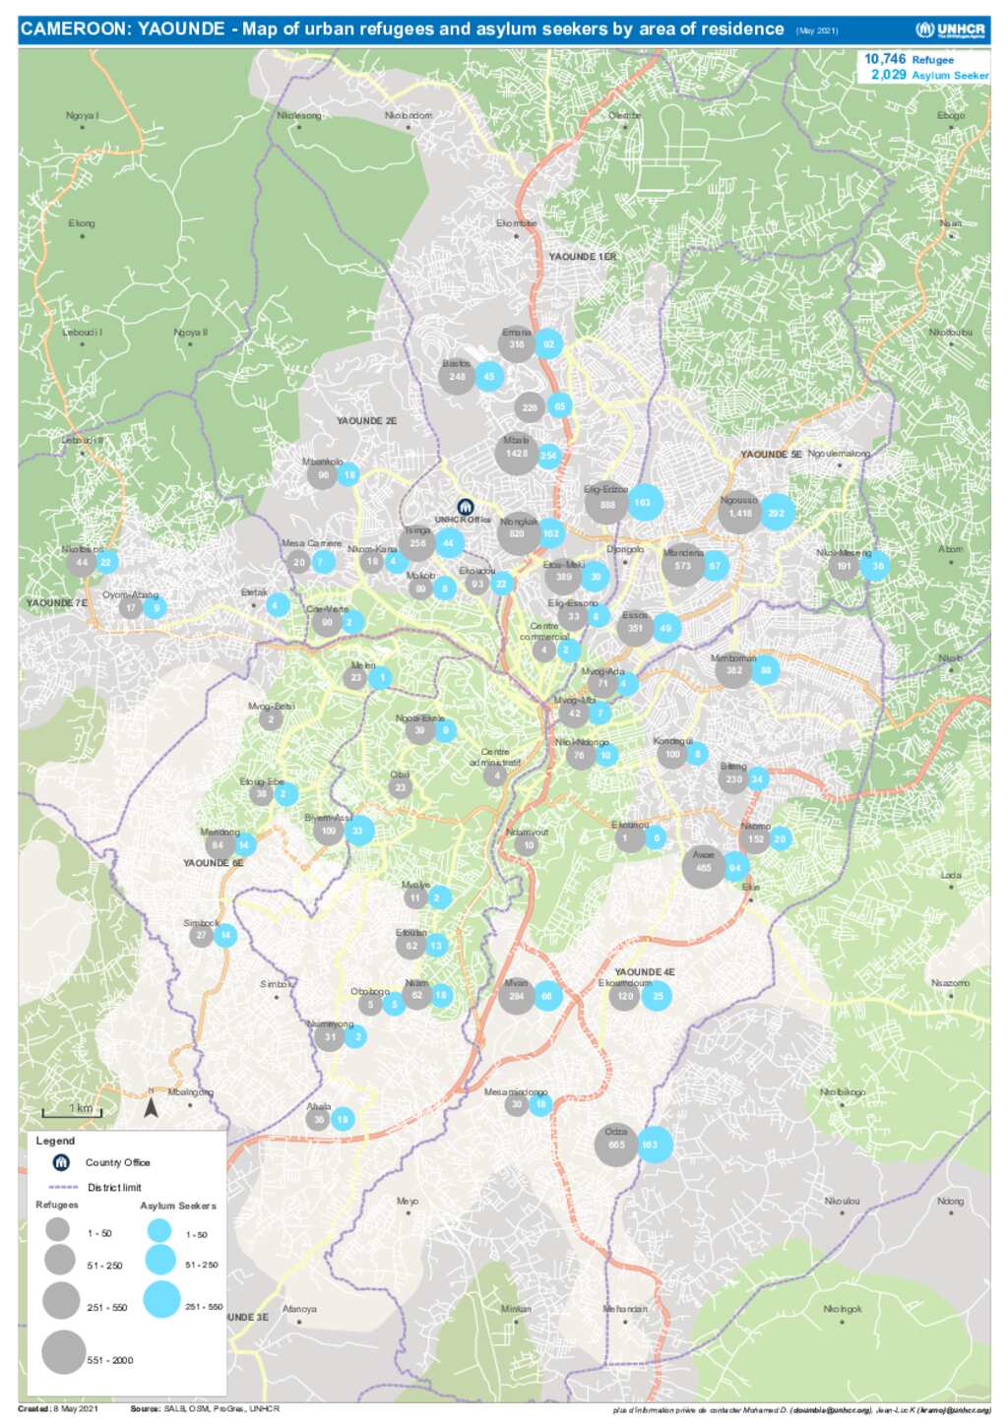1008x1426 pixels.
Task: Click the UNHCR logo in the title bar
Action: [950, 30]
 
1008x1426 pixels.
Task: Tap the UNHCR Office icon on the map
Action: [467, 508]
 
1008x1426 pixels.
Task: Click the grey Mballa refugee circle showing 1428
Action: [517, 453]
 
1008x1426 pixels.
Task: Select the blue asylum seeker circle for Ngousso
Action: [777, 512]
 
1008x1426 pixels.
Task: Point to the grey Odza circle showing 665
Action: [616, 1146]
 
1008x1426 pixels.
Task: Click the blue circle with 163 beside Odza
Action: [651, 1145]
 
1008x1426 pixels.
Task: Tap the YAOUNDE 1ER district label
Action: [582, 257]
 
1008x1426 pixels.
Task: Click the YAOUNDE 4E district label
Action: [645, 972]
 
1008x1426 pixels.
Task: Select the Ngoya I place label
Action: [82, 116]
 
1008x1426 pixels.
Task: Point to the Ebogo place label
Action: [951, 116]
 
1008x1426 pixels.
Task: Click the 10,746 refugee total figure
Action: [885, 59]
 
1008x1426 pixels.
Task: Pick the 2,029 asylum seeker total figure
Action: [888, 75]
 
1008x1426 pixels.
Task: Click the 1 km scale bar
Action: [72, 1113]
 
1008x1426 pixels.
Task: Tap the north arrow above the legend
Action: [152, 1108]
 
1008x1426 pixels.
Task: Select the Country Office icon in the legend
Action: [61, 1162]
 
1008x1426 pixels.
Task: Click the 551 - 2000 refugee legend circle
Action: [64, 1351]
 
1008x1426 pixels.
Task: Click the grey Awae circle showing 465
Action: [703, 867]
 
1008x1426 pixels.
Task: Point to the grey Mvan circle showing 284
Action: [517, 996]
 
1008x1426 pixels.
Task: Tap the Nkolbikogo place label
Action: [843, 1092]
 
